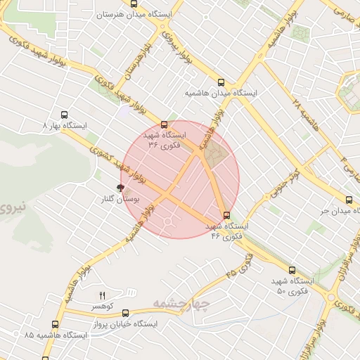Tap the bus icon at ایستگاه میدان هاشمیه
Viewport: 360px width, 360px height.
[222, 82]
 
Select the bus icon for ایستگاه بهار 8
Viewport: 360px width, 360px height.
[65, 114]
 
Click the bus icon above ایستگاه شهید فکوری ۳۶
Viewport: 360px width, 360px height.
[165, 123]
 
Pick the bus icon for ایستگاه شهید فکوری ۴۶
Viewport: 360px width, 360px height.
[226, 215]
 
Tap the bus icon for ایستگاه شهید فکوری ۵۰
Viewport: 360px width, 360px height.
[292, 270]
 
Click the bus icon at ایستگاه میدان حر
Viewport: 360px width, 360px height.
[349, 200]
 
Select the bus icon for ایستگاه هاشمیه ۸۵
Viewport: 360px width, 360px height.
[55, 325]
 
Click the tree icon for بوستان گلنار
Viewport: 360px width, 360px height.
[120, 188]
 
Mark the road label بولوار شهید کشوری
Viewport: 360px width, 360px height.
[116, 164]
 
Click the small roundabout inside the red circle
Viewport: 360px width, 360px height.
[169, 222]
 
